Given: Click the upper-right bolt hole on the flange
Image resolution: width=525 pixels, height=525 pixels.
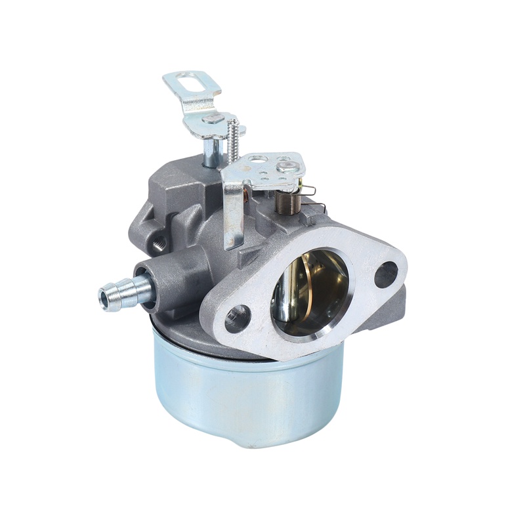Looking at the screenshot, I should [385, 274].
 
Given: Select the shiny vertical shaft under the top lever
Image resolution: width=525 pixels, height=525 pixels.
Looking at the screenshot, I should [211, 151].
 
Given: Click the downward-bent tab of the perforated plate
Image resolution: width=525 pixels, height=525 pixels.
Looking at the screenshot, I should [232, 210].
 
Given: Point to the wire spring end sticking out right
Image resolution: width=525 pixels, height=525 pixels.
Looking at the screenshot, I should [312, 190].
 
